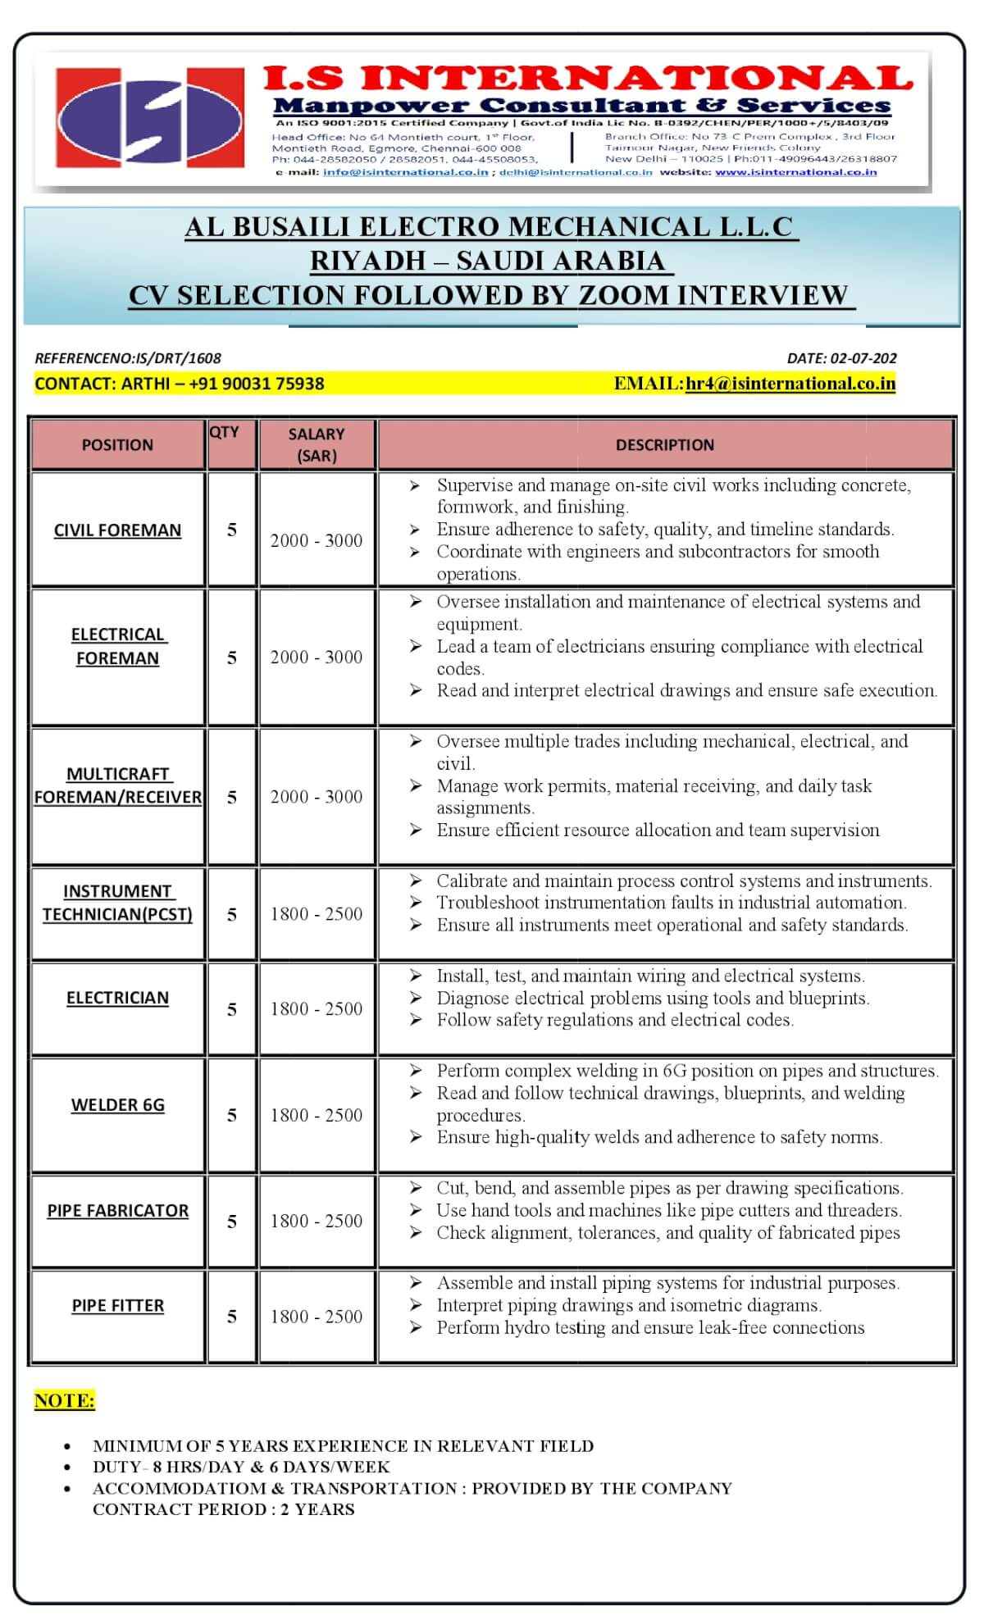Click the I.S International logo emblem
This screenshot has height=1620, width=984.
point(149,117)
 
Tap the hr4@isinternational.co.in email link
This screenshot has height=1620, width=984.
point(790,384)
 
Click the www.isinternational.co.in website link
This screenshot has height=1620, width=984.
point(795,172)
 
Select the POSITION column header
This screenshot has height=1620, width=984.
point(117,444)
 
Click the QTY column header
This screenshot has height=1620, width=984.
point(225,432)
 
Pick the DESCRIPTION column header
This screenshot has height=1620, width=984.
point(665,444)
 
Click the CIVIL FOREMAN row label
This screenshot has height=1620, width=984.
point(117,530)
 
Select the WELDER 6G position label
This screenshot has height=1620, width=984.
point(117,1105)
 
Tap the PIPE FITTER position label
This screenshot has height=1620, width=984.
point(117,1305)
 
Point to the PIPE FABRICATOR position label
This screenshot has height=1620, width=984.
point(117,1211)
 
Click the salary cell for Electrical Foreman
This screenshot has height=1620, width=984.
point(317,657)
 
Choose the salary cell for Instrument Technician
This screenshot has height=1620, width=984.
point(317,914)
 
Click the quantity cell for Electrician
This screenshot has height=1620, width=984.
point(232,1009)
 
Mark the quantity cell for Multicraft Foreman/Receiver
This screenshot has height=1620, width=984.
point(232,797)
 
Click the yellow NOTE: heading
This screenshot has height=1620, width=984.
point(65,1400)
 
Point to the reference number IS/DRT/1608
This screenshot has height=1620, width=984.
point(128,358)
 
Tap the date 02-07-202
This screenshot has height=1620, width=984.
point(841,358)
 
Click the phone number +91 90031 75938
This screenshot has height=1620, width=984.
point(256,384)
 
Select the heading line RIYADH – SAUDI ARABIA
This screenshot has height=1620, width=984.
point(491,261)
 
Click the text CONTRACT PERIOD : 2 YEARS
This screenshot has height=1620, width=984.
point(223,1509)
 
